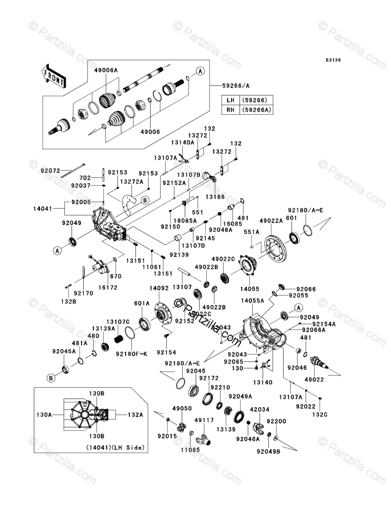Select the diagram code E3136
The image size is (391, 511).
pyautogui.click(x=333, y=60)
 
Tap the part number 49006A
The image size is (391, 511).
pyautogui.click(x=106, y=70)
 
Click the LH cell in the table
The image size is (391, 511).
pyautogui.click(x=230, y=100)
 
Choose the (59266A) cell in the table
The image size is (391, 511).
pyautogui.click(x=256, y=110)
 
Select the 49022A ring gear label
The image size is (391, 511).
pyautogui.click(x=271, y=221)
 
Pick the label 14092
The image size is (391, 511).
pyautogui.click(x=159, y=288)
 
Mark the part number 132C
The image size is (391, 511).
pyautogui.click(x=320, y=414)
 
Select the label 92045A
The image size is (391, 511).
pyautogui.click(x=64, y=351)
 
